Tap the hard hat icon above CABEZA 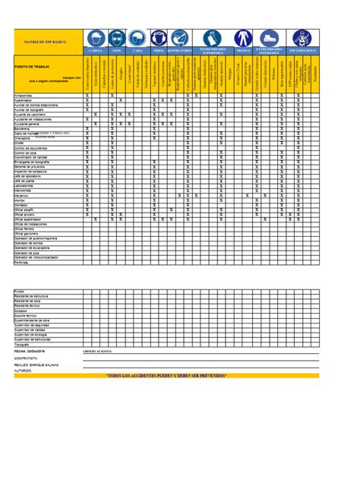pyautogui.click(x=96, y=37)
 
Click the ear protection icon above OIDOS pyautogui.click(x=159, y=37)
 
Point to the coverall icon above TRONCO pyautogui.click(x=243, y=37)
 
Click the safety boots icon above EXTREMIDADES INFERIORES pyautogui.click(x=269, y=37)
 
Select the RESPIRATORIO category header pyautogui.click(x=180, y=50)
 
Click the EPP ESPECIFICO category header pyautogui.click(x=301, y=50)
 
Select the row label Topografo pyautogui.click(x=22, y=343)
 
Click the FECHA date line pyautogui.click(x=30, y=351)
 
